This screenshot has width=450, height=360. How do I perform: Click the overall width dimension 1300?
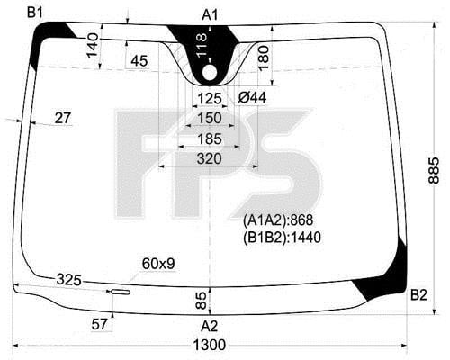(210, 345)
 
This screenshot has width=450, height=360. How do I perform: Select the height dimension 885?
(434, 170)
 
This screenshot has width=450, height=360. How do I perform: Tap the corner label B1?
(35, 13)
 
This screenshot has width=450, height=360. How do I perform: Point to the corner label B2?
(418, 295)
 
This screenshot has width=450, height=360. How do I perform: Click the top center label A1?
(210, 14)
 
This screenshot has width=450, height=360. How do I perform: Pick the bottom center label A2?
(210, 326)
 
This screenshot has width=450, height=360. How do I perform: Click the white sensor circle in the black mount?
(210, 73)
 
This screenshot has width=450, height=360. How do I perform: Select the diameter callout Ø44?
(252, 97)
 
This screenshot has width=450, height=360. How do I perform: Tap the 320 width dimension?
(210, 158)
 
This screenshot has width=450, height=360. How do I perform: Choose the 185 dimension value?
(210, 139)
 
